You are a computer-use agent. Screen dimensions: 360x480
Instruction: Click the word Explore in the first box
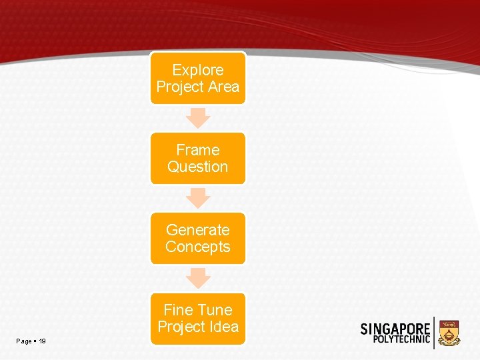click(x=198, y=70)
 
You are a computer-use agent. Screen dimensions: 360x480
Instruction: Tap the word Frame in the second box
click(x=198, y=150)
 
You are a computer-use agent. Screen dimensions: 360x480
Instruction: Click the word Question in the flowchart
click(x=198, y=167)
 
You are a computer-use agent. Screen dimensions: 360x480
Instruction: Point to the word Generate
click(x=198, y=230)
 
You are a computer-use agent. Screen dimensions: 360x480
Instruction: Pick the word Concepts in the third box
click(x=198, y=247)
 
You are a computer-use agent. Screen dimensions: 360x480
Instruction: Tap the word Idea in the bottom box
click(x=223, y=327)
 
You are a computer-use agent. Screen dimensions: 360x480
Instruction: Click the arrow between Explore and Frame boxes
click(x=198, y=117)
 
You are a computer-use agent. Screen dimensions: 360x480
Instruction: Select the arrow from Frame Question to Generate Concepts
click(x=198, y=197)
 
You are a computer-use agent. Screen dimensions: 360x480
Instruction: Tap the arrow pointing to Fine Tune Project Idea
click(x=198, y=277)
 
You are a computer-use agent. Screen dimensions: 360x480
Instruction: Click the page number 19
click(x=43, y=341)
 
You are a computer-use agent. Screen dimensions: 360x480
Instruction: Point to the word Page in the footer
click(x=24, y=341)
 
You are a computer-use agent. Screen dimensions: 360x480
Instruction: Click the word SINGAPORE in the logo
click(x=395, y=329)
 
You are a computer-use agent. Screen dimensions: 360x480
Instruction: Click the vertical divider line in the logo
click(x=435, y=333)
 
